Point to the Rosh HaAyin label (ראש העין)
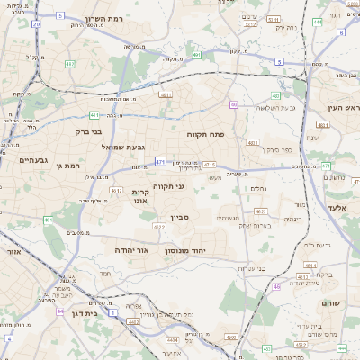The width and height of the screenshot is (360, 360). pos(341,108)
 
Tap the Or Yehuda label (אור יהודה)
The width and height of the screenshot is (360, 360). pos(130,249)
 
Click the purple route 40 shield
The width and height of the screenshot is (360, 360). pos(234,105)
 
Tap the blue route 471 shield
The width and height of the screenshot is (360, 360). pos(160,162)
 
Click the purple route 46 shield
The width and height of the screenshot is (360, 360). pos(276,286)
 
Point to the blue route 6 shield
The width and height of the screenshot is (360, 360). pos(341,32)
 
